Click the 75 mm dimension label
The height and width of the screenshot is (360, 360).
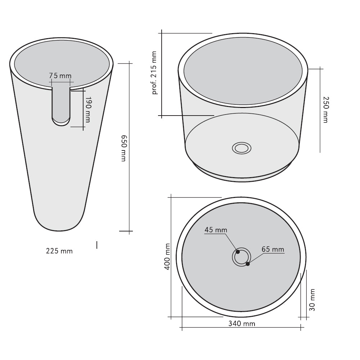[x=60, y=76]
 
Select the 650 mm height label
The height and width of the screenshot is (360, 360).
[x=123, y=148]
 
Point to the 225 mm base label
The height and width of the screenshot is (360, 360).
[x=59, y=251]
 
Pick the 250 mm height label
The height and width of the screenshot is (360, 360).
[x=325, y=109]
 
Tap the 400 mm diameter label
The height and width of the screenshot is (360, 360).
[x=167, y=257]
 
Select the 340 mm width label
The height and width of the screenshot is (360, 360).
[x=242, y=323]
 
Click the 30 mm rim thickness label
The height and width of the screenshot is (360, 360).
[x=312, y=300]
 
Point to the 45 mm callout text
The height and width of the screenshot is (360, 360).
[x=216, y=230]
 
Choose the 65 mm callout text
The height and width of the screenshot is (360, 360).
[x=273, y=249]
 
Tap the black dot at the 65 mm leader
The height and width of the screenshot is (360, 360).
[x=248, y=264]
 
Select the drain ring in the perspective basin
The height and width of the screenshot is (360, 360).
[x=242, y=148]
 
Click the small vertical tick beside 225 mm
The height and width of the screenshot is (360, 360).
[x=97, y=245]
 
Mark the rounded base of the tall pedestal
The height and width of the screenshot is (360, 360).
[x=59, y=223]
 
